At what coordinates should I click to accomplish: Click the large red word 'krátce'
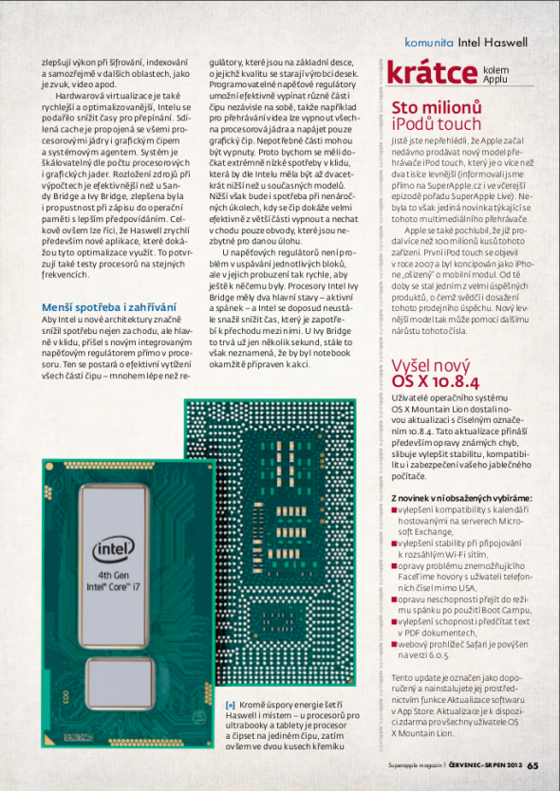coord(431,72)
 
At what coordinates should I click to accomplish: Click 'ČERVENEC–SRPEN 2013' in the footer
coord(486,766)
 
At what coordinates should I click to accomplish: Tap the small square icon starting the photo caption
coord(230,705)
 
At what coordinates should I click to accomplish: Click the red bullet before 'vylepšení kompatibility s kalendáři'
coord(394,509)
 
